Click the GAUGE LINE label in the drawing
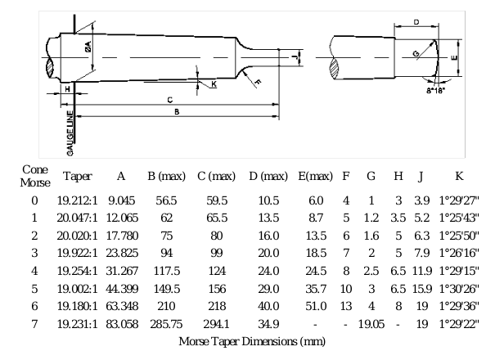tap(70, 129)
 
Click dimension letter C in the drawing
tap(169, 99)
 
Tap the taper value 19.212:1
tap(78, 200)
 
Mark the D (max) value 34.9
tap(268, 324)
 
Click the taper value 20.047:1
tap(78, 218)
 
